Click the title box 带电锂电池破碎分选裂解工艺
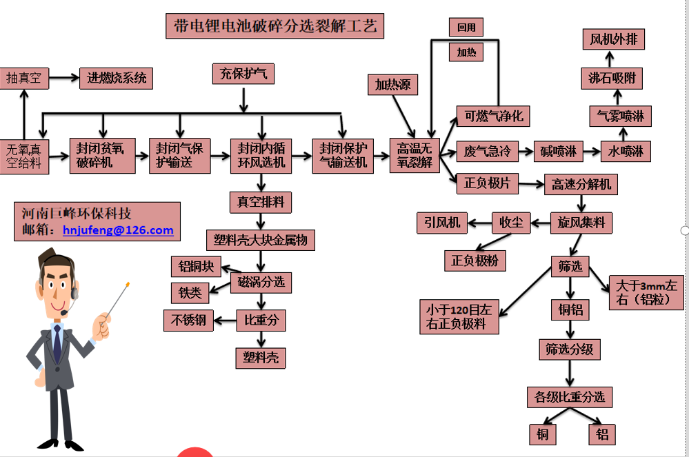(275, 27)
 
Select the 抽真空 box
(24, 78)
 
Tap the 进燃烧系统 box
(117, 78)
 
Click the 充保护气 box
(243, 73)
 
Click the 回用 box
(466, 27)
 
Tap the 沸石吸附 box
(612, 77)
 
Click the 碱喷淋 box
(562, 151)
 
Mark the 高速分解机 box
(581, 185)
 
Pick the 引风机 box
(442, 222)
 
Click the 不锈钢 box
(188, 320)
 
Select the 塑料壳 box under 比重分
(261, 357)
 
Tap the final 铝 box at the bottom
(602, 434)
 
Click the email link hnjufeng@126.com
(118, 230)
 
